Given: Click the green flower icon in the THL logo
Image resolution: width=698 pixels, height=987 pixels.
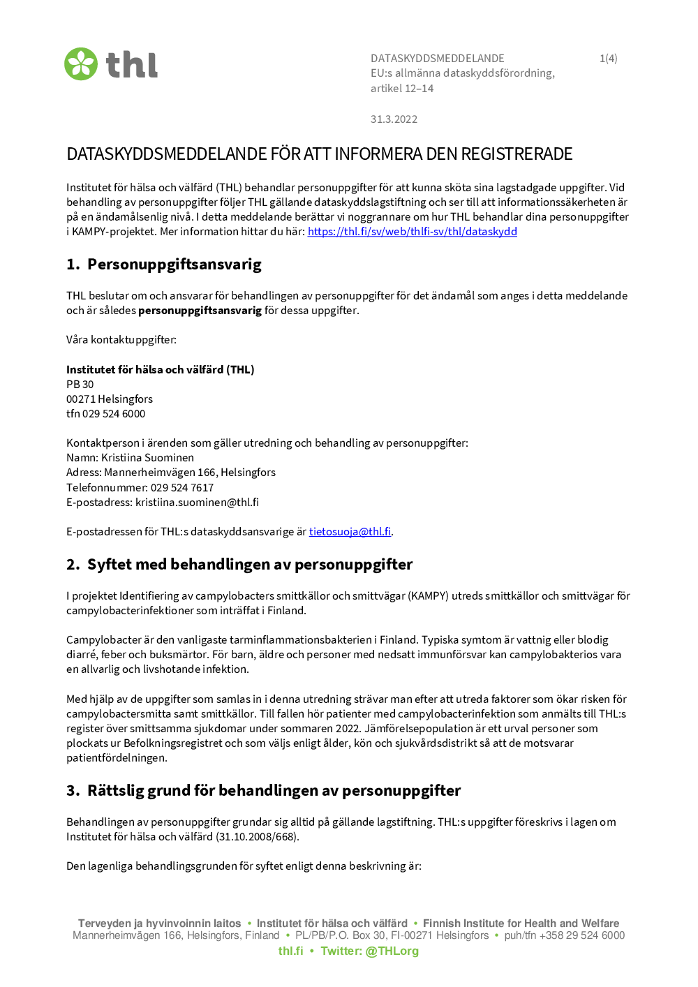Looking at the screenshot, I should point(81,64).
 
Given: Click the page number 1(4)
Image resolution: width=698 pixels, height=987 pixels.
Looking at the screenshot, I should point(608,59).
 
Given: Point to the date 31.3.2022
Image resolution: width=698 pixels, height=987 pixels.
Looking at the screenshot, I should point(394,119).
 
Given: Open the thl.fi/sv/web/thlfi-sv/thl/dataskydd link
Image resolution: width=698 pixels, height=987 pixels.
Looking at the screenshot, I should point(412,232).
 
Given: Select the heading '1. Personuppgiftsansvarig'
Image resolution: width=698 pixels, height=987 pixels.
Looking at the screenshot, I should point(164,265).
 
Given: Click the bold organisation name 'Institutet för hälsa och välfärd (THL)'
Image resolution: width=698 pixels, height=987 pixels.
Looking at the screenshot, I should point(160,370).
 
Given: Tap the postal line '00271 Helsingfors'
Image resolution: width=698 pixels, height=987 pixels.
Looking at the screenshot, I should point(110,399).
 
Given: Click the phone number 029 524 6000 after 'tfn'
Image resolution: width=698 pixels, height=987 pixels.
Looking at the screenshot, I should point(114,414).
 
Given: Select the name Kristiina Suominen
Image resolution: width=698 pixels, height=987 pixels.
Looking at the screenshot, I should point(147,458).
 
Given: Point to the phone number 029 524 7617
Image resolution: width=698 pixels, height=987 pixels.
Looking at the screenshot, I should point(182,488).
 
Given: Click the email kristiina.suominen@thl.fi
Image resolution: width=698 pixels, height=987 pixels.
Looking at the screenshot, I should point(197,503).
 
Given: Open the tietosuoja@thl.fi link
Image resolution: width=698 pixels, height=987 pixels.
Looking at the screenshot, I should point(350,532).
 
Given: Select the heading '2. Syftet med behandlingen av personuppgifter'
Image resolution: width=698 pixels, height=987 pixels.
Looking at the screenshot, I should point(239,565).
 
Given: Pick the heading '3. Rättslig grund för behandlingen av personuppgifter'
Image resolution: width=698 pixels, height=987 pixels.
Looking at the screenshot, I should point(263,791).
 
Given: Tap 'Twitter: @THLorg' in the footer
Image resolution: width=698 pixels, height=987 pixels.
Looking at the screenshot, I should point(369,951).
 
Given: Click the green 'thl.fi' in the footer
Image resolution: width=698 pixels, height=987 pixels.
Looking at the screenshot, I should point(290,951).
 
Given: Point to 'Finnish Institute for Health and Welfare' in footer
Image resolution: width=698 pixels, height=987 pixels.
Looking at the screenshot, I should point(521,923).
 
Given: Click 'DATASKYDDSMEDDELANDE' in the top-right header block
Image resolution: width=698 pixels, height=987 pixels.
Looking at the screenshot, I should point(437,59).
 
